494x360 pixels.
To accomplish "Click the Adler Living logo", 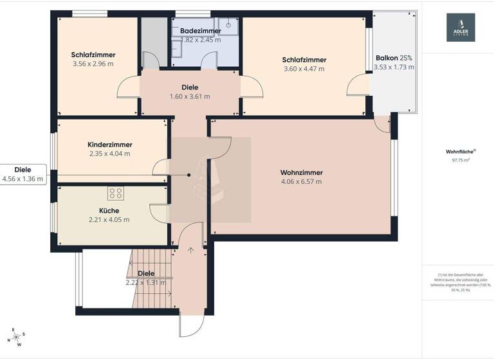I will tap(461, 28).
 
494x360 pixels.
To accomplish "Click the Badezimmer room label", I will tap(200, 31).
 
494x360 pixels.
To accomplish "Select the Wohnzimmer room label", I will tap(301, 172).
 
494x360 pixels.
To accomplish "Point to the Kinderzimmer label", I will tap(109, 145).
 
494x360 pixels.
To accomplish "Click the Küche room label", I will tap(109, 211).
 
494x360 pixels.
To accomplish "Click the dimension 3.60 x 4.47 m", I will tap(304, 69).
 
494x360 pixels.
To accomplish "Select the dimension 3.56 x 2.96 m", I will tap(93, 64).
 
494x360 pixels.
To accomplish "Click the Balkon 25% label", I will tap(394, 57).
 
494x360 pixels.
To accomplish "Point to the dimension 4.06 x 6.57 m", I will tap(301, 181).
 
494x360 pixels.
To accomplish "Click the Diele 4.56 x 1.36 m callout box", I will tap(23, 174).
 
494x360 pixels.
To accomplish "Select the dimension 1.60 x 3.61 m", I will tap(190, 96).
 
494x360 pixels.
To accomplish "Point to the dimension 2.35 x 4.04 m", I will tap(109, 154).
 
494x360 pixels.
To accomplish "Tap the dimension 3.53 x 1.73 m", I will tap(394, 66).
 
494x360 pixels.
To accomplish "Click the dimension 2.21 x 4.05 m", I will tap(109, 220).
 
